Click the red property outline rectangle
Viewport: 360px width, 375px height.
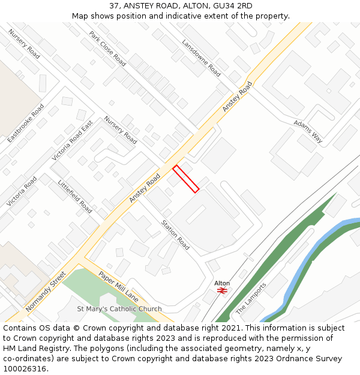(186, 179)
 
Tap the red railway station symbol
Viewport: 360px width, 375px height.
(222, 290)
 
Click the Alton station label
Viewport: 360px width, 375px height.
(222, 283)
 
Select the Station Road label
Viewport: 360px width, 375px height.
(175, 235)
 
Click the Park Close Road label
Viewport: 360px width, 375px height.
(107, 49)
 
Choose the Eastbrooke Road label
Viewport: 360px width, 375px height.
(26, 123)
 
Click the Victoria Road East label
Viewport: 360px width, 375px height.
(73, 140)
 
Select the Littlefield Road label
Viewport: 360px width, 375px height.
(75, 196)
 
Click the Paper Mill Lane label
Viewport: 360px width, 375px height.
(119, 287)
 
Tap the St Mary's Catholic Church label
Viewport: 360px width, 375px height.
(119, 309)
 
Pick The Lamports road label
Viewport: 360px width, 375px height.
(251, 298)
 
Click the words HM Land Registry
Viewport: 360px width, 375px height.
(29, 349)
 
